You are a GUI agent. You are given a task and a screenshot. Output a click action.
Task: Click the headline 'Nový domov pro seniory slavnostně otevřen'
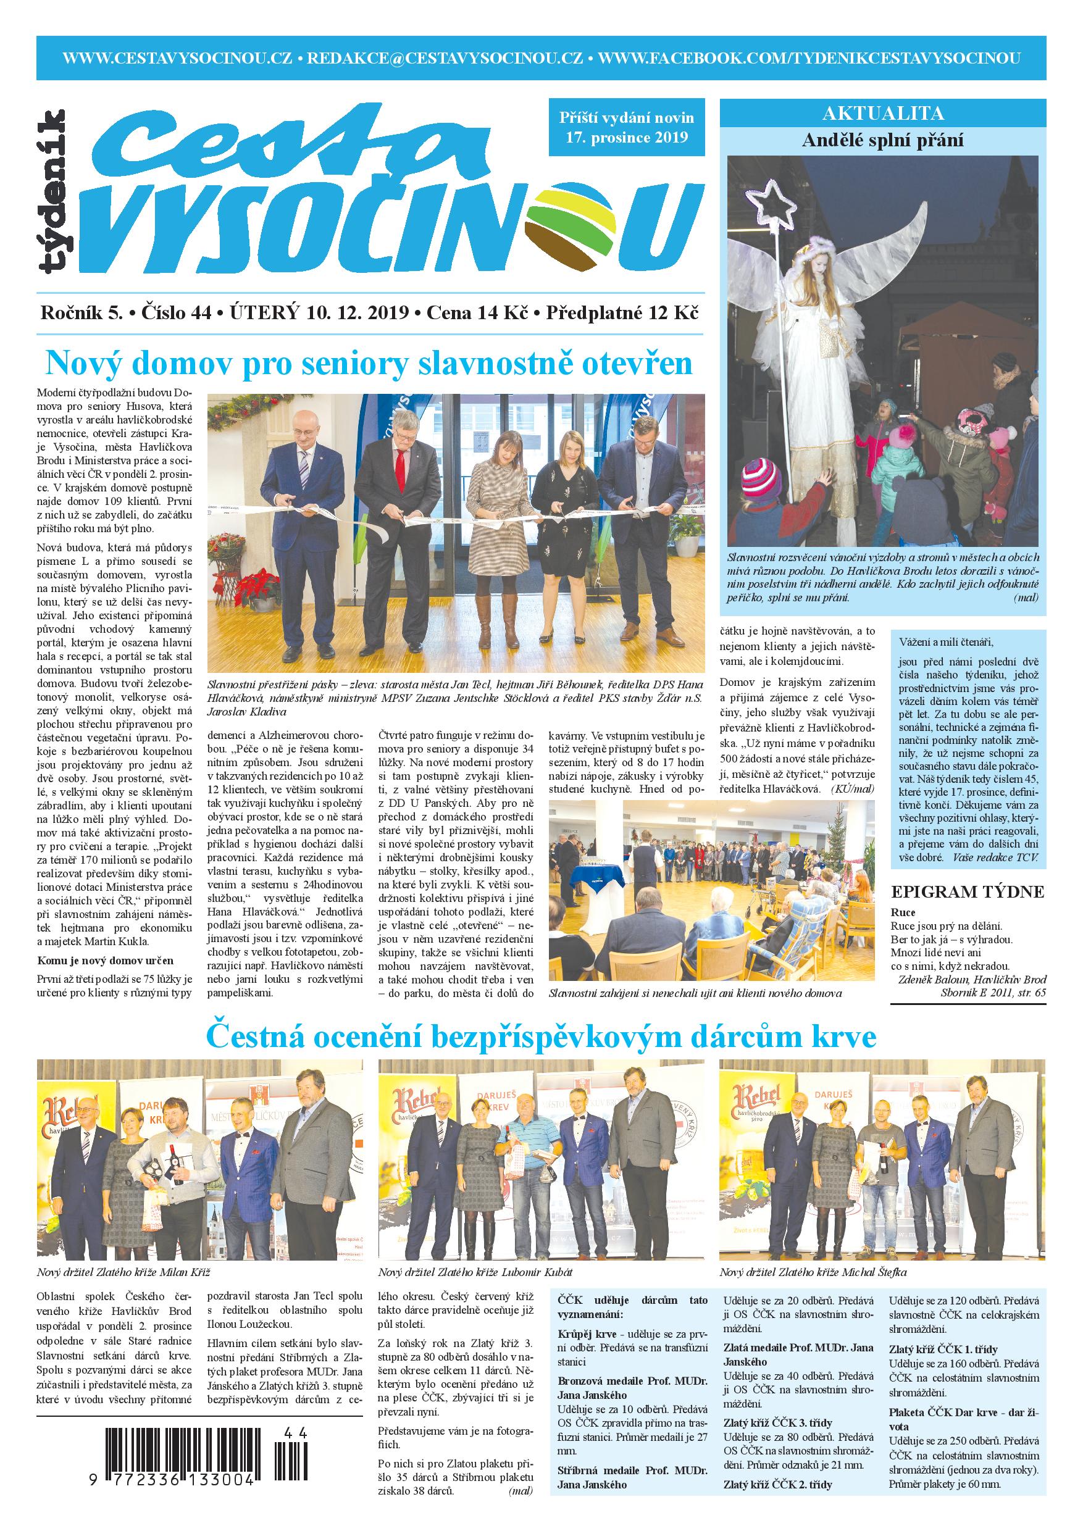coord(369,364)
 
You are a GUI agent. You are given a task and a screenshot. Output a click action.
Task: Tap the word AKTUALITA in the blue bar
coord(883,113)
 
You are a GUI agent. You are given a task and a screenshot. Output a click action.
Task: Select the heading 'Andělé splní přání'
coord(883,141)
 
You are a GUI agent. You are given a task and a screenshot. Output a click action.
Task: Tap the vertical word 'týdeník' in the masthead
coord(52,191)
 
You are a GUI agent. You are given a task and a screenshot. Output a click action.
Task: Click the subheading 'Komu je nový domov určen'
coord(106,960)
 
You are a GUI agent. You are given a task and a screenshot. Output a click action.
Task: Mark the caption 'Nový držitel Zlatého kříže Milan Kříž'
coord(124,1272)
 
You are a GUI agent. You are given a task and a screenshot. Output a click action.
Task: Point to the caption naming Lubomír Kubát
coord(475,1272)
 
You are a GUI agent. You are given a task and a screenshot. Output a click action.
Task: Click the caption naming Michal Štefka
coord(813,1272)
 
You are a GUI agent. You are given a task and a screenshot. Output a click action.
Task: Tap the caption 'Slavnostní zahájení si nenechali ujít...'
coord(695,993)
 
